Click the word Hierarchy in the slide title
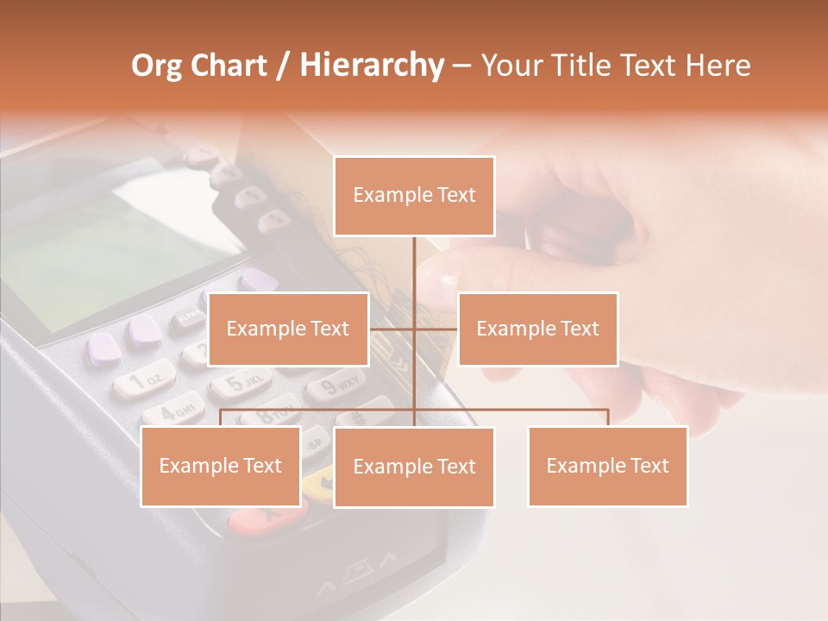(x=372, y=66)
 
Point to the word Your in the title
(x=511, y=66)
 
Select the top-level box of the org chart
(x=414, y=196)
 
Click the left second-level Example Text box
(x=288, y=329)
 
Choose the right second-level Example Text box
(x=537, y=329)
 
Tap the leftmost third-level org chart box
(x=221, y=466)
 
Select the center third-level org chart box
(x=414, y=467)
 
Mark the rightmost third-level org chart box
(x=608, y=466)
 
